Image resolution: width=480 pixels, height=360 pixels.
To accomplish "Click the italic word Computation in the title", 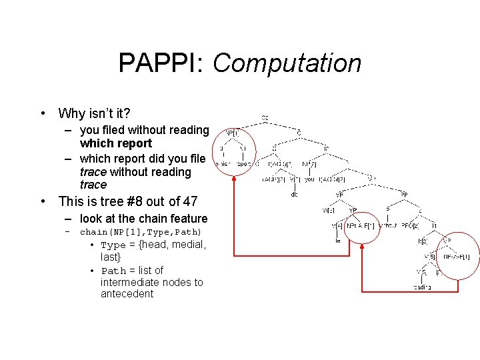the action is coord(287,63).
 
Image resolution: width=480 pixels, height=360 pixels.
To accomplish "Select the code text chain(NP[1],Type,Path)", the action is coord(141,232).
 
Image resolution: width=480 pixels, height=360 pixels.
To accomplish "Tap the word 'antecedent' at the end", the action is coord(127,293).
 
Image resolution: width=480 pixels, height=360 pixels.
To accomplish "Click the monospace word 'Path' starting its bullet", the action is coord(113,271).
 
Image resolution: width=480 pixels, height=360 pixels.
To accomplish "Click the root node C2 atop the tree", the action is coord(265,117).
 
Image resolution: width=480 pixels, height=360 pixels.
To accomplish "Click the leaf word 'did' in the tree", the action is coord(294,195).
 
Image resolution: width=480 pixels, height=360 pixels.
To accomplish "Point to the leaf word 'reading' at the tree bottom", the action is coord(421,287).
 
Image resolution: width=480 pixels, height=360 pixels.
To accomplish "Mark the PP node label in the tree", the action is coord(404,194).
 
